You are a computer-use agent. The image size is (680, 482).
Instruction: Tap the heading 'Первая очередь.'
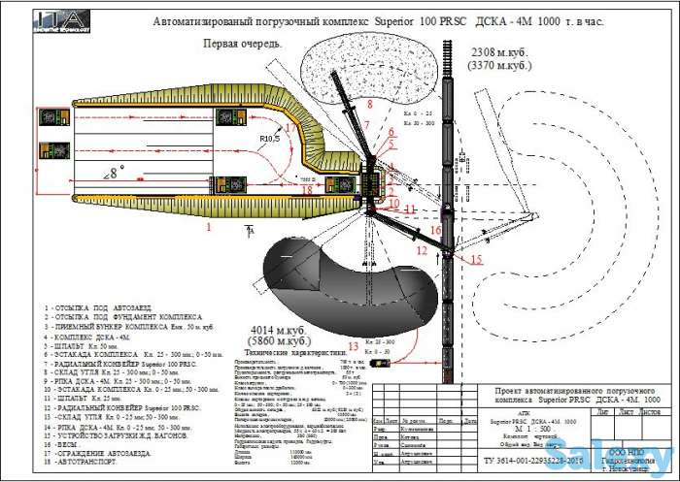242,44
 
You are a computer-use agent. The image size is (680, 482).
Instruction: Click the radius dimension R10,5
271,140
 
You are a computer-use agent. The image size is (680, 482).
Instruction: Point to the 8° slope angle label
117,173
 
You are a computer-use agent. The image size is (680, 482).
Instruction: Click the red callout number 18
307,190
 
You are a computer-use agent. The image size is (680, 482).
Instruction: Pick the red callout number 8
369,102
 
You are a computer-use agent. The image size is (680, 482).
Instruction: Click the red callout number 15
476,261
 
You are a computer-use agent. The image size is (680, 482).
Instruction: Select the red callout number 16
436,231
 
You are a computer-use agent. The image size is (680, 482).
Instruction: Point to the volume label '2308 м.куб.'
499,50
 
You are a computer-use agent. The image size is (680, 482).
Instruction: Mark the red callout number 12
420,250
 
